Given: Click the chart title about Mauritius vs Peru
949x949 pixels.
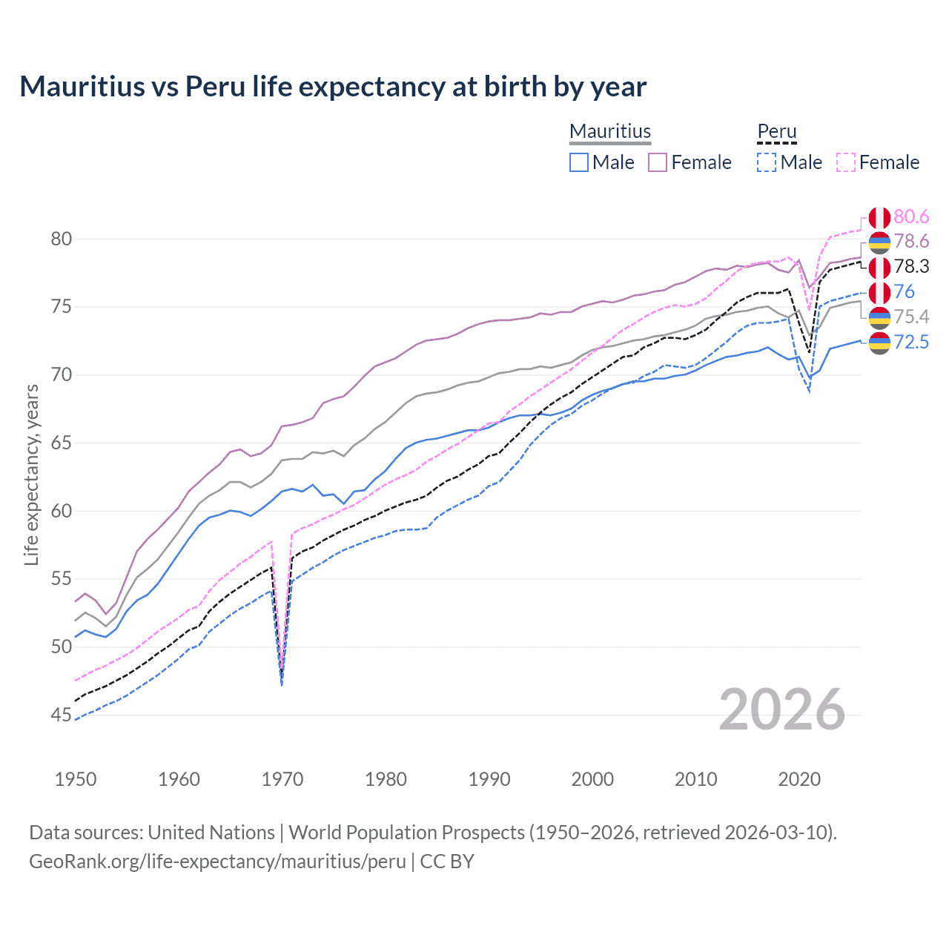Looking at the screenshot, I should [x=333, y=87].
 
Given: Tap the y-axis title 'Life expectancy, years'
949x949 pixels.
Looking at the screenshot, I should [x=31, y=474].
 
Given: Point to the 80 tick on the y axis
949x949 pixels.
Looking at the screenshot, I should [x=62, y=239].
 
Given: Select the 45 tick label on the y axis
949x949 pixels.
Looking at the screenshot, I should [x=62, y=715].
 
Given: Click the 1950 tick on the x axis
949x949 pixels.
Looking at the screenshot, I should [x=76, y=779].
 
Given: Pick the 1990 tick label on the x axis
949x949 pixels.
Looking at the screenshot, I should [x=489, y=779].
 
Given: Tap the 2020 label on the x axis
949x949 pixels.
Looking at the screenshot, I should [x=799, y=779].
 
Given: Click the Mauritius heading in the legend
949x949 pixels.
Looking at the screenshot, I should [x=610, y=131].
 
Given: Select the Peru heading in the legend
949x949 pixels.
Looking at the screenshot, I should [x=776, y=131].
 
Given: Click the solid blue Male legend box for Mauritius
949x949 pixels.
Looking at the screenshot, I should [x=579, y=162].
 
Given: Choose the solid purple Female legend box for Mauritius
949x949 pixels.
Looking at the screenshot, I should [x=658, y=162].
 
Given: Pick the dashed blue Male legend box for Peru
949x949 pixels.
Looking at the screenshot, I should [x=767, y=162].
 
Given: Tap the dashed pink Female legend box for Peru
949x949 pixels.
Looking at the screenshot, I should [x=846, y=162].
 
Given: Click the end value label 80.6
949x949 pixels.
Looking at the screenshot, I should [x=911, y=216].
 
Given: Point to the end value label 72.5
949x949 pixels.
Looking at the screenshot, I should [x=911, y=342].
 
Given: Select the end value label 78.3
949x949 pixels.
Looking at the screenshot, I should [x=911, y=266].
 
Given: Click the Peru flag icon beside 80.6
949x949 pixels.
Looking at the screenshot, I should [x=879, y=218].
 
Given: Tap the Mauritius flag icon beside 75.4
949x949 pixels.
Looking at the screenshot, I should [x=879, y=317].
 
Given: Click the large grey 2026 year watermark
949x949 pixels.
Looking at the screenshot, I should [x=782, y=710].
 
